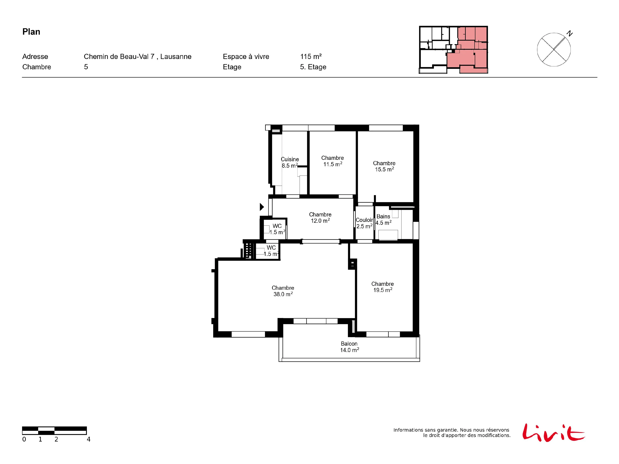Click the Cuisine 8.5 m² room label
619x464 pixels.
click(x=290, y=163)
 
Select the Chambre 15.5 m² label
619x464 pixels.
click(x=384, y=166)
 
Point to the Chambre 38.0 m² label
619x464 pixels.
click(x=283, y=291)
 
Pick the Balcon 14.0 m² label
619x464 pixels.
click(x=349, y=347)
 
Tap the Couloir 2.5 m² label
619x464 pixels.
click(x=364, y=223)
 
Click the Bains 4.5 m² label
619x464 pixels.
click(x=383, y=220)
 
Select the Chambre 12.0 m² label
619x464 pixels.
click(x=320, y=218)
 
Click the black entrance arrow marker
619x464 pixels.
click(x=262, y=207)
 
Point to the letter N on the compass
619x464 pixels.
click(x=569, y=34)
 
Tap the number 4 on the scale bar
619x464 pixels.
click(x=89, y=439)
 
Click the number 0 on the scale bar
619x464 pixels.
click(x=24, y=439)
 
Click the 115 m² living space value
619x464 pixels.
click(x=311, y=57)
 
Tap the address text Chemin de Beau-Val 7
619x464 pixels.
click(x=119, y=57)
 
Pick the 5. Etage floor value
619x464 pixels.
click(x=313, y=67)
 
